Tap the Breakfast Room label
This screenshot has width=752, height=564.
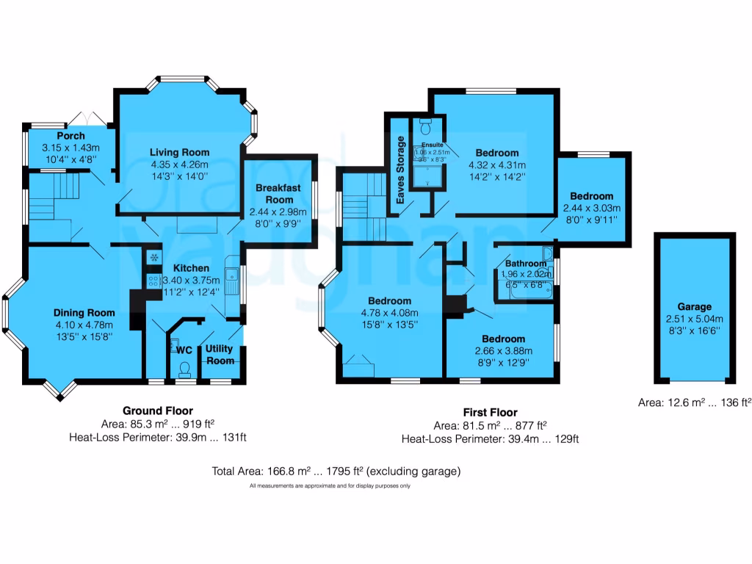click(278, 194)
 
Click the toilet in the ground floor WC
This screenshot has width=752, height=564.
click(185, 366)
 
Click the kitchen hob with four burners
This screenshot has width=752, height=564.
click(154, 281)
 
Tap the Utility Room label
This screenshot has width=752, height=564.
click(220, 354)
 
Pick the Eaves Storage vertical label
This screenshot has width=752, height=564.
click(401, 170)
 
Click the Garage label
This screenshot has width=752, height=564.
click(694, 306)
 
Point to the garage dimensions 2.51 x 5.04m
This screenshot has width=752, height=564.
click(694, 319)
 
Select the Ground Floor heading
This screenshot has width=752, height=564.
click(157, 411)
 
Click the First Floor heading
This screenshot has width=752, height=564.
click(490, 413)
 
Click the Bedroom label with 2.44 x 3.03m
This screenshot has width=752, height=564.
click(591, 196)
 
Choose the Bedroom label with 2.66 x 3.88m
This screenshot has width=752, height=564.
click(503, 339)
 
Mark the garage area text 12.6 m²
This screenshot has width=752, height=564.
click(693, 402)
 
